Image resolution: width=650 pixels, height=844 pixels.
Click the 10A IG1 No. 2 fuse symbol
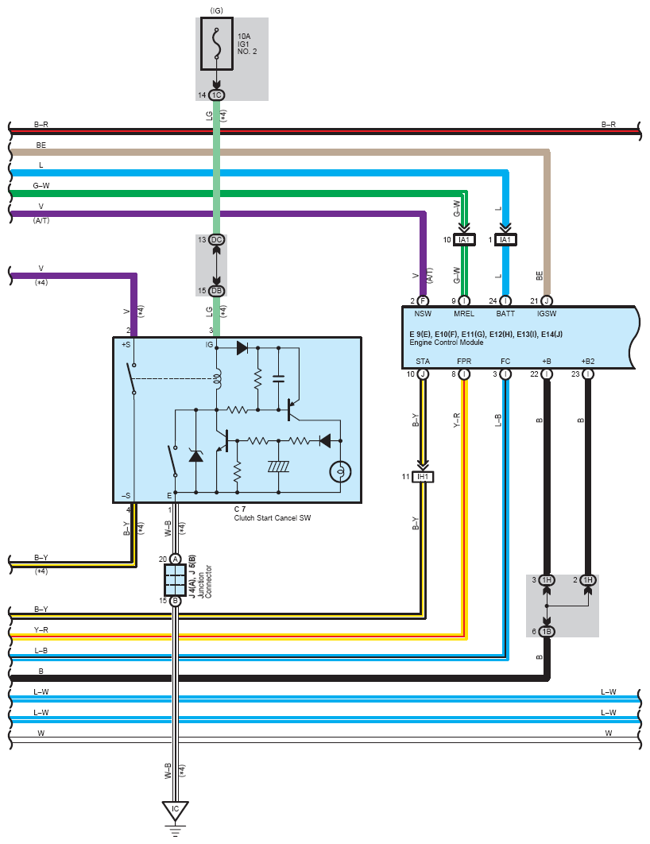(x=217, y=44)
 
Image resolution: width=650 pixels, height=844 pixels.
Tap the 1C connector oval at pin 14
(x=216, y=95)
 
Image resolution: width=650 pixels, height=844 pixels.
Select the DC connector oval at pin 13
(x=216, y=239)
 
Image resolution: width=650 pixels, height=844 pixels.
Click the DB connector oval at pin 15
(x=216, y=291)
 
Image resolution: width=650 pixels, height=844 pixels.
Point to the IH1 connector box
(x=423, y=477)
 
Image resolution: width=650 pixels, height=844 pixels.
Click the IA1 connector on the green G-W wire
(x=464, y=239)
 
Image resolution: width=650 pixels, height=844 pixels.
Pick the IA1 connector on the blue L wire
(x=505, y=239)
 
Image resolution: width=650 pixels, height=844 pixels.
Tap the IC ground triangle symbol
(x=175, y=811)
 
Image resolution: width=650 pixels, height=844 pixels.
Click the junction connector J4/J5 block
(x=175, y=579)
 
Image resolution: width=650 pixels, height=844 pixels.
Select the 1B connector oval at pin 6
(x=547, y=631)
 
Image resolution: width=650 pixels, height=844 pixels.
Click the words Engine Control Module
(x=446, y=343)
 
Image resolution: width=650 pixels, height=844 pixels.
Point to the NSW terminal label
(x=423, y=313)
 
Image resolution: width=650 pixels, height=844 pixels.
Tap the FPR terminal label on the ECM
(x=464, y=361)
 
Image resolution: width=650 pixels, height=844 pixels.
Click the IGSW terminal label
(x=547, y=313)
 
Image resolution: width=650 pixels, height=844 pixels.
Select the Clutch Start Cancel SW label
(x=273, y=518)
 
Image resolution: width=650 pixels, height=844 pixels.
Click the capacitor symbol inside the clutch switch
(x=279, y=378)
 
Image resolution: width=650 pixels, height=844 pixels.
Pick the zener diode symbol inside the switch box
(x=195, y=455)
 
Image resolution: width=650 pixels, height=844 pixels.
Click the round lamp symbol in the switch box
(x=340, y=472)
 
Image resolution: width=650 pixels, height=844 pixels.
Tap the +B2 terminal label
(x=587, y=361)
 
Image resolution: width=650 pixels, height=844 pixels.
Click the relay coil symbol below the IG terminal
(x=218, y=379)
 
